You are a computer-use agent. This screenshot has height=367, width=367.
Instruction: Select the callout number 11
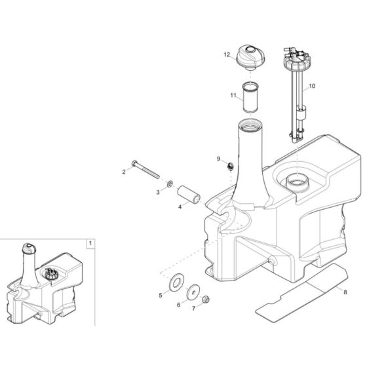click(x=233, y=95)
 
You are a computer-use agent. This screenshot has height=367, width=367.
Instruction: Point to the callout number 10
click(x=311, y=86)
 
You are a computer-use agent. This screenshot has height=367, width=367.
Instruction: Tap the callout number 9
click(x=220, y=159)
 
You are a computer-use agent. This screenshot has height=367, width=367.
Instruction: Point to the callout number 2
click(x=123, y=172)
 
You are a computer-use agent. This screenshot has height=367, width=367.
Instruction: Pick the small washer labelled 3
click(x=170, y=184)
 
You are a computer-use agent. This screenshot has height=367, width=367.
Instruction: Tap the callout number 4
click(x=180, y=206)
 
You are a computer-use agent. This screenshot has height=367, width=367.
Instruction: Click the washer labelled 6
click(x=194, y=292)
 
